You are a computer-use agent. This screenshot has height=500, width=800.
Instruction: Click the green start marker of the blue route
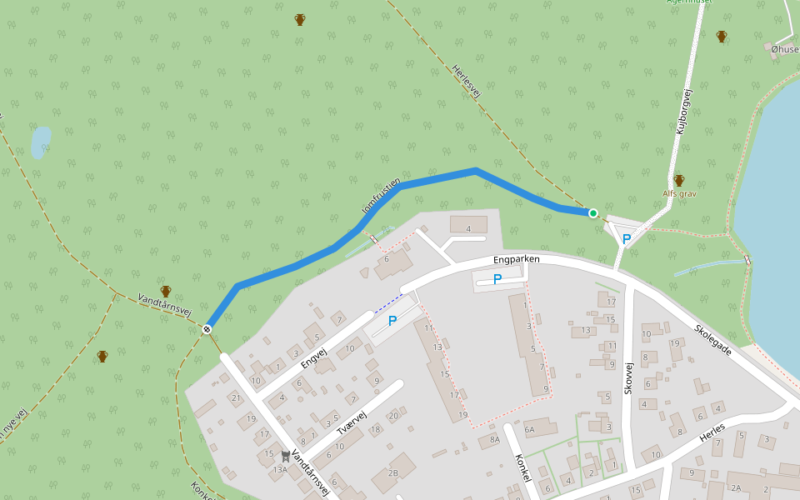(x=593, y=213)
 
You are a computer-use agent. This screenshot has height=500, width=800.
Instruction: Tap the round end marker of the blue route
(x=206, y=329)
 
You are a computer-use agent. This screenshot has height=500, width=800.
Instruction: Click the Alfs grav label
(x=679, y=193)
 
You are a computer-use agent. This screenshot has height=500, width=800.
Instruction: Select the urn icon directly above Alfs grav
(x=679, y=180)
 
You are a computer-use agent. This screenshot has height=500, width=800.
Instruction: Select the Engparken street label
(x=516, y=260)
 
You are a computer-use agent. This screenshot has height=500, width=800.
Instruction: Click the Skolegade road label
(x=712, y=338)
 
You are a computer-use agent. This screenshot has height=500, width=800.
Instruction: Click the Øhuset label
(x=785, y=49)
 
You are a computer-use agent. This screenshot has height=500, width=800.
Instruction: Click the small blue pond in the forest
(x=40, y=142)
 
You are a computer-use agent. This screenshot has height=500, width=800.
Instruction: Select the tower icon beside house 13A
(x=286, y=456)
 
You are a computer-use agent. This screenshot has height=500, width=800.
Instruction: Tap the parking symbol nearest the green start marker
(x=627, y=238)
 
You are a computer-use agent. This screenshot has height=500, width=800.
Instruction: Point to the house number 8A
(x=494, y=438)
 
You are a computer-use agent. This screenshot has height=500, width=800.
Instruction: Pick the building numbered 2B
(x=392, y=473)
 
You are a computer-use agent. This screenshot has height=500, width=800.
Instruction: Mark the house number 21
(x=236, y=397)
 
